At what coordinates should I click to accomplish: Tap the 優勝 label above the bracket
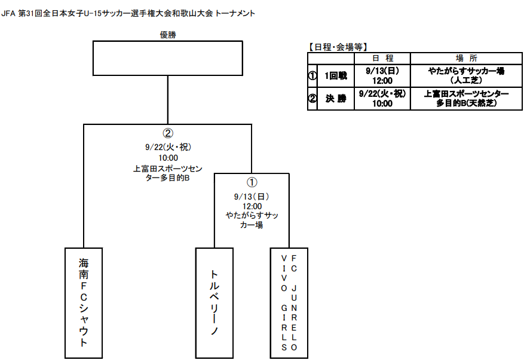click(168, 35)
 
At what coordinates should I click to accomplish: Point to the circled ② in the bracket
click(168, 133)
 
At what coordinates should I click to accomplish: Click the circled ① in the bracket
click(252, 182)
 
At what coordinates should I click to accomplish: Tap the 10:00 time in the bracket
click(168, 158)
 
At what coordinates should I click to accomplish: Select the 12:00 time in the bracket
click(252, 206)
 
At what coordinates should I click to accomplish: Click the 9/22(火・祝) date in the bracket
click(168, 147)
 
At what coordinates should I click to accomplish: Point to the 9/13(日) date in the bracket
click(252, 197)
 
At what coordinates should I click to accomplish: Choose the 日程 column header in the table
click(382, 58)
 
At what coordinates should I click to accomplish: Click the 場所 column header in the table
click(467, 58)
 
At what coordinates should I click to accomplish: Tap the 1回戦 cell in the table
click(336, 76)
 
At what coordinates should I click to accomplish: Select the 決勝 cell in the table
click(336, 99)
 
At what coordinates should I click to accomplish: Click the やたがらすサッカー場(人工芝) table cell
click(467, 76)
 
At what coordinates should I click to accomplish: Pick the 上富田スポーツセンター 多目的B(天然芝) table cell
click(467, 99)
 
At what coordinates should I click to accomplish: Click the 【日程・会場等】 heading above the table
click(337, 47)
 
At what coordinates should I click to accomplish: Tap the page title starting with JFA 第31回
click(128, 14)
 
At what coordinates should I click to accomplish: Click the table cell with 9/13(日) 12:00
click(382, 76)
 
